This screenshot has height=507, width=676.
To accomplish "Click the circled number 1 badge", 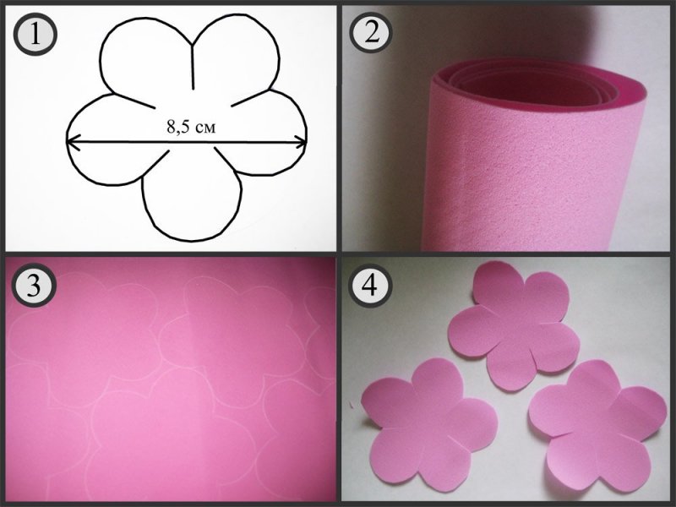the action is [x=35, y=35].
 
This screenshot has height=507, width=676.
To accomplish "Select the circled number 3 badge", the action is [x=33, y=285].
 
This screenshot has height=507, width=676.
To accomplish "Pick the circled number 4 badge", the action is [x=371, y=285].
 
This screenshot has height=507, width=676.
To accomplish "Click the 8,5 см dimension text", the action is [x=191, y=128].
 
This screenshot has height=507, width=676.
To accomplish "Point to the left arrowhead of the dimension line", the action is [x=73, y=142].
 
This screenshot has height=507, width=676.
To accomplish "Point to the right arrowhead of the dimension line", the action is [x=301, y=141].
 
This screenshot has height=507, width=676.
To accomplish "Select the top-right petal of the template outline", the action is [x=235, y=56].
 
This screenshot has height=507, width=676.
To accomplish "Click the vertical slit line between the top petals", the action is [x=194, y=67].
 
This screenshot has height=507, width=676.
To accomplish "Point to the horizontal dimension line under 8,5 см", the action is [x=187, y=141].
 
